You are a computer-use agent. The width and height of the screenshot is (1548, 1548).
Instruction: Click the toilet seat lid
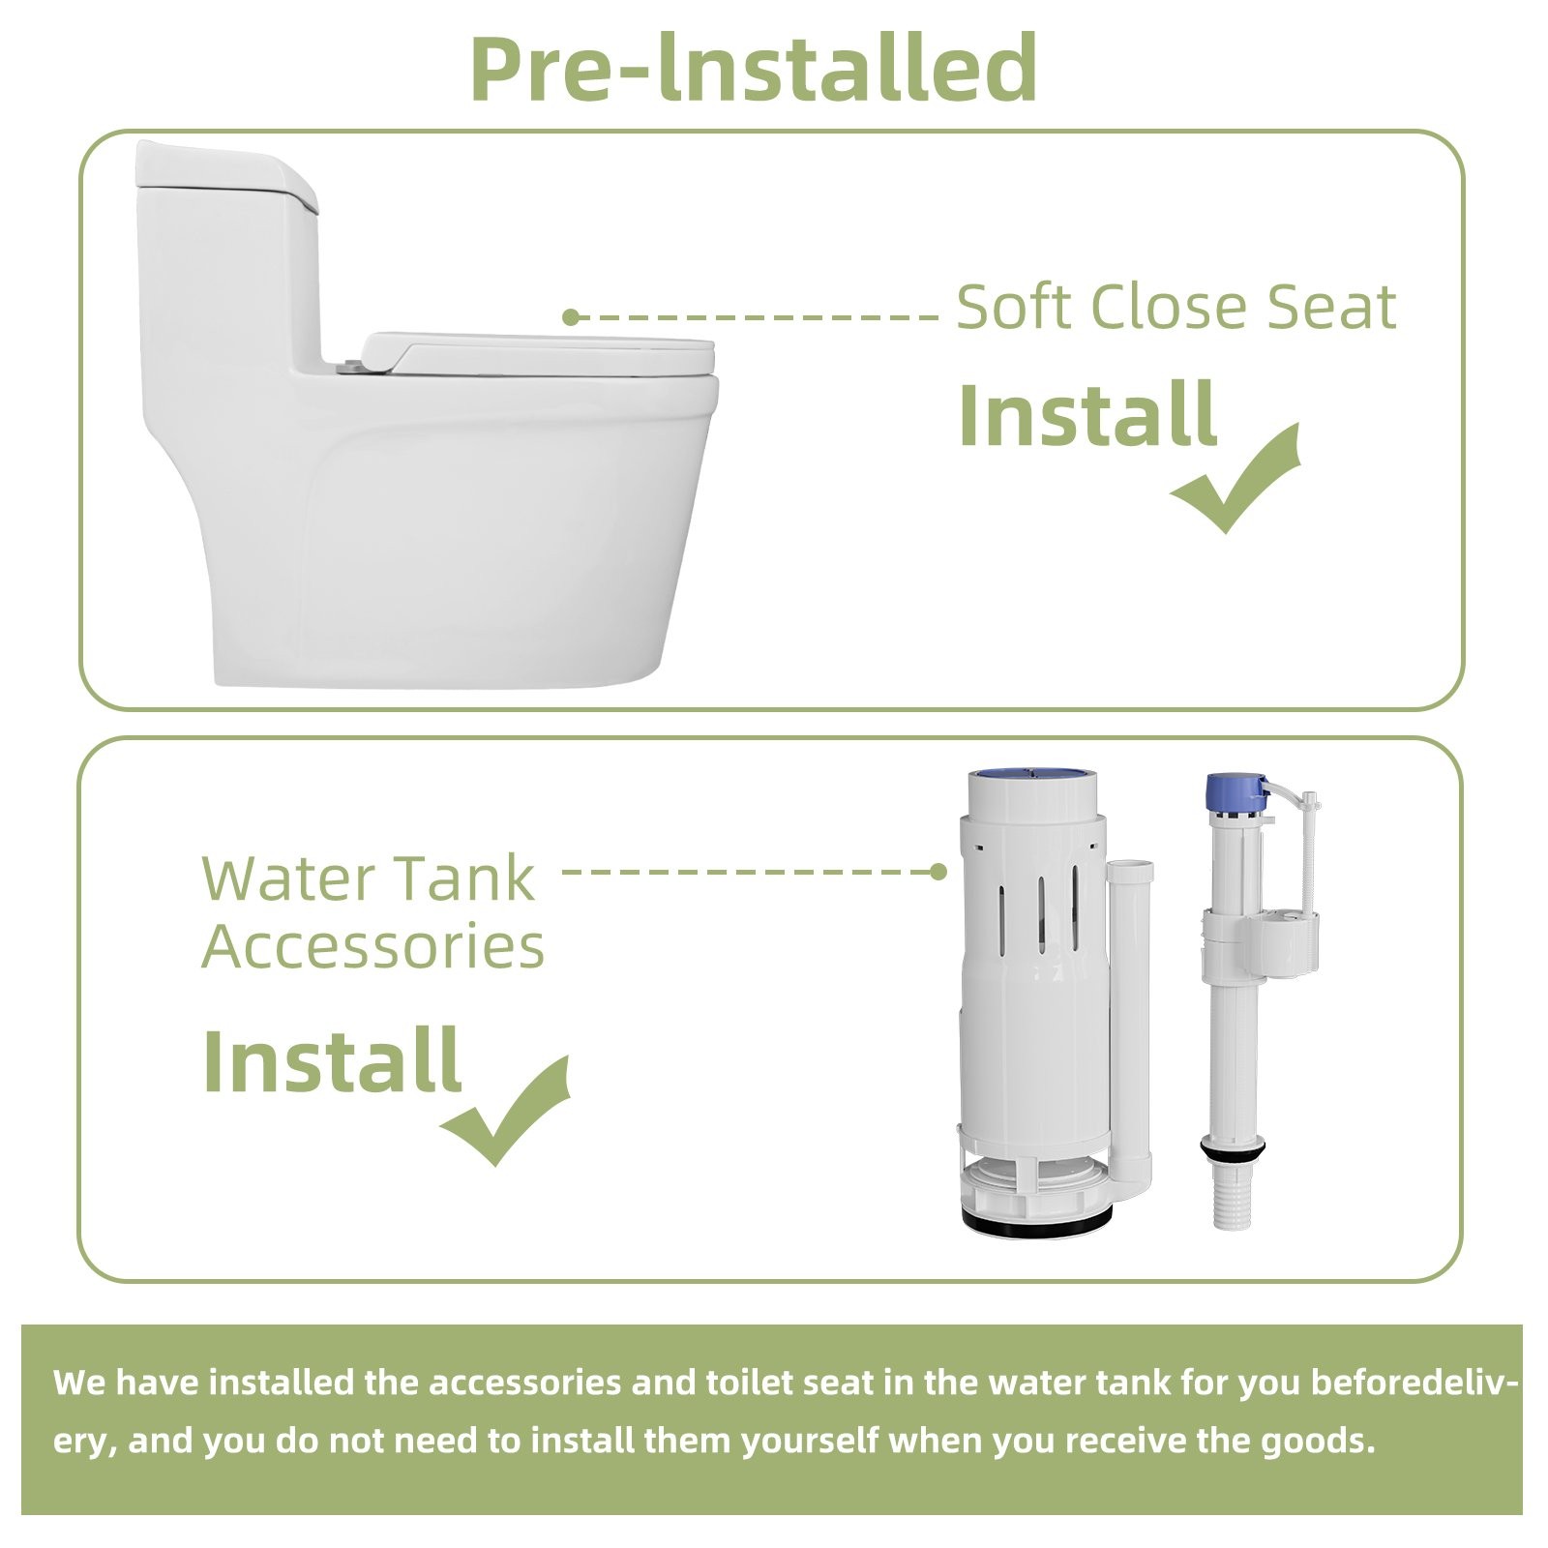(x=542, y=353)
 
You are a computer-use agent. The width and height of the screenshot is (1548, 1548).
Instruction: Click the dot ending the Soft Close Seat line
(x=570, y=316)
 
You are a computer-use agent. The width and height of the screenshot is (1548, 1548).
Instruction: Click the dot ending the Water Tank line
(x=938, y=872)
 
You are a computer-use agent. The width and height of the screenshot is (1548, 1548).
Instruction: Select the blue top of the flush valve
(x=1032, y=774)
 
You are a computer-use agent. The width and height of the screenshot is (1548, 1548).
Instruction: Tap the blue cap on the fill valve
(x=1235, y=792)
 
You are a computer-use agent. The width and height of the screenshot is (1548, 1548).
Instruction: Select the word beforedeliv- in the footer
(x=1414, y=1383)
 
